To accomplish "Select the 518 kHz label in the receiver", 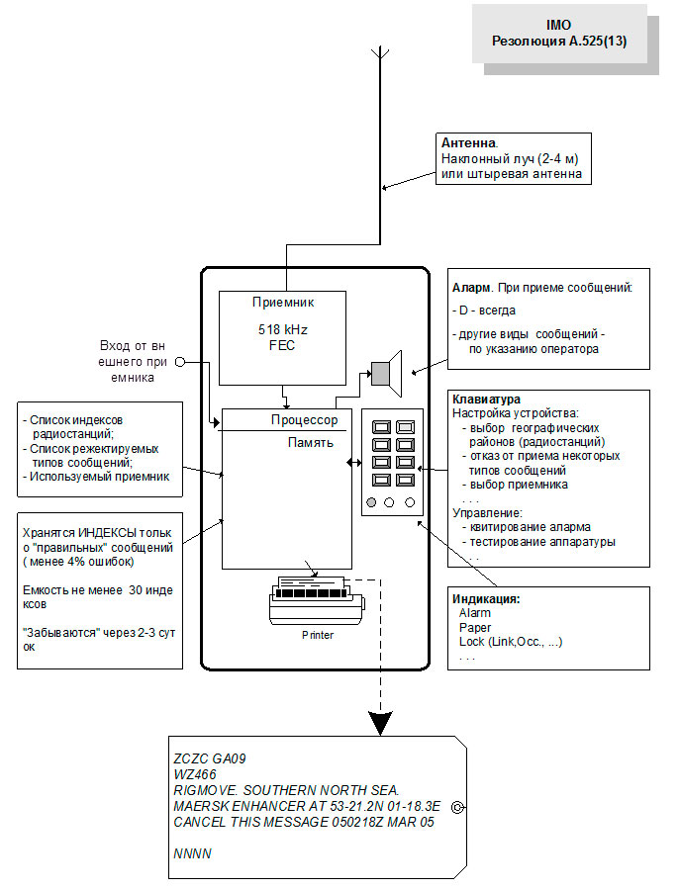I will tap(283, 332).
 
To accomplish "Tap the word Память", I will tap(310, 443).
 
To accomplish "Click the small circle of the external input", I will tap(180, 362).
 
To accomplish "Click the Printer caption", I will tap(318, 635).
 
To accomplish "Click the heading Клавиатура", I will tap(486, 399).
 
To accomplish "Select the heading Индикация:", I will tap(486, 599).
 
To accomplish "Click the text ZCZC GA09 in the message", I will tap(209, 758).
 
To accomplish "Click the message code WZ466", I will tap(194, 774).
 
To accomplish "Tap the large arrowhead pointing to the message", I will tap(380, 725).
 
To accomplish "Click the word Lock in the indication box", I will tap(472, 642).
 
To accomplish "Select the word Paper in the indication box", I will tap(474, 627).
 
